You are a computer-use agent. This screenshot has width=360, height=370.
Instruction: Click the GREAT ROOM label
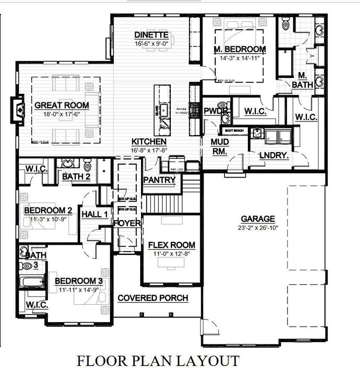[62, 105]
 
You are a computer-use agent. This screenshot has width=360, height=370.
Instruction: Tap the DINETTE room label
[152, 35]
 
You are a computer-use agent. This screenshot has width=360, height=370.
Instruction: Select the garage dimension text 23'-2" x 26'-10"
[258, 228]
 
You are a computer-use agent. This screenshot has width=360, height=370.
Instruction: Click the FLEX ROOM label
[172, 245]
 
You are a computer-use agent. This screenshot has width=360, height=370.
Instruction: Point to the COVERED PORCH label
[153, 298]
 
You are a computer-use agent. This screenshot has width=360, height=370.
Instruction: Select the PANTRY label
[159, 180]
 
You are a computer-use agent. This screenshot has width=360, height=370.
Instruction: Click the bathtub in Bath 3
[31, 282]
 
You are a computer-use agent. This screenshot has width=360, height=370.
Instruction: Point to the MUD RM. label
[220, 147]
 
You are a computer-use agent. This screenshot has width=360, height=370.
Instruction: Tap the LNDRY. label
[274, 155]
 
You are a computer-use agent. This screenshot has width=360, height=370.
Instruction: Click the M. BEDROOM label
[240, 49]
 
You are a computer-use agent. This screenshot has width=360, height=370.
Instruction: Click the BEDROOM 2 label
[48, 210]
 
